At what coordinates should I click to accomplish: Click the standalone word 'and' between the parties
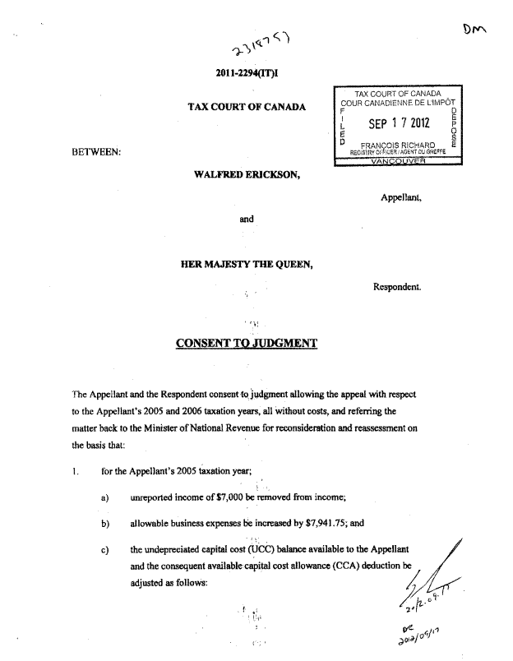pyautogui.click(x=247, y=220)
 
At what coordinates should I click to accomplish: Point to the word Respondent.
pyautogui.click(x=398, y=288)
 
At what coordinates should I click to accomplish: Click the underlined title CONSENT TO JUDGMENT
pyautogui.click(x=247, y=343)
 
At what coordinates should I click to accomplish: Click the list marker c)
pyautogui.click(x=106, y=548)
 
